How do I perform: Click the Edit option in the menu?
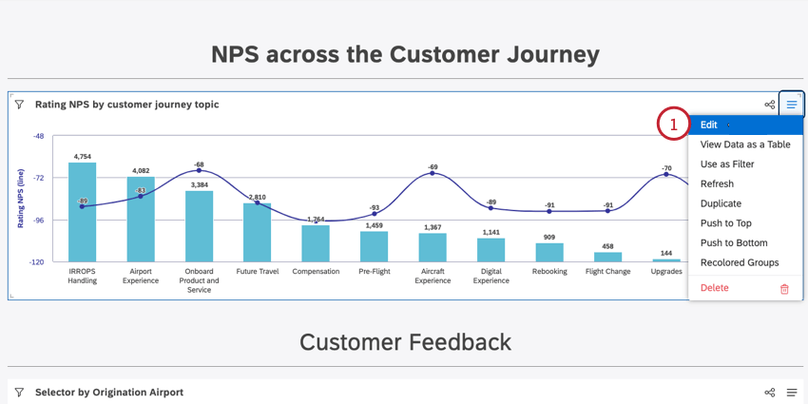(x=709, y=125)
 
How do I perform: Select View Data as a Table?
(x=744, y=144)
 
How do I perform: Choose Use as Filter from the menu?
(x=727, y=164)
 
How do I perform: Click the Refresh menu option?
(x=717, y=183)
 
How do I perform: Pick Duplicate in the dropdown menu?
(x=721, y=203)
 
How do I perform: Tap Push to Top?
(x=725, y=223)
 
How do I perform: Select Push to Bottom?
(x=733, y=242)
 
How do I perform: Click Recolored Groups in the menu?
(x=739, y=262)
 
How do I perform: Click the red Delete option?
(x=715, y=288)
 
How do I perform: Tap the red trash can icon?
(x=784, y=289)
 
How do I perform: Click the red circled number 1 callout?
(x=673, y=125)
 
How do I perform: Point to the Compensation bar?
(x=316, y=243)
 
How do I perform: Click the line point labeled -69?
(x=433, y=173)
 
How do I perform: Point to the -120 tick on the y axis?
(x=38, y=261)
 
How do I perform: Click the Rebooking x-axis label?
(x=549, y=272)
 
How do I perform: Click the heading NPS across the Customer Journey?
(x=405, y=54)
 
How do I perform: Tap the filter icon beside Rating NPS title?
(x=19, y=105)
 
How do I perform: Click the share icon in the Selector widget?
(x=770, y=393)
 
